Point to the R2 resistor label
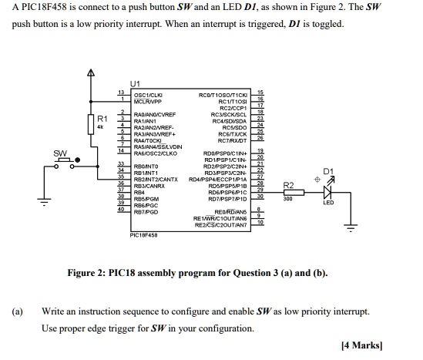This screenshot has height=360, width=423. click(x=288, y=185)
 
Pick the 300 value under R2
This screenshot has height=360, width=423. click(x=288, y=199)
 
